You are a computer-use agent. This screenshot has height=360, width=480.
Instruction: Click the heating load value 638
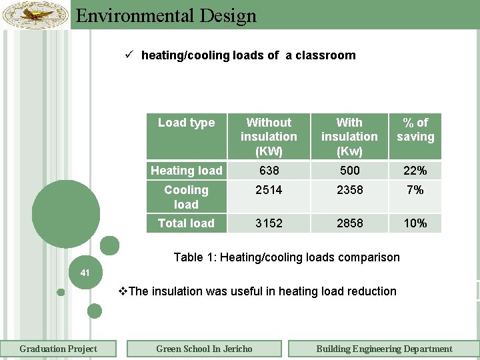click(x=269, y=171)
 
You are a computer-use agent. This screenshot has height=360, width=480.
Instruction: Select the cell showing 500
click(x=349, y=171)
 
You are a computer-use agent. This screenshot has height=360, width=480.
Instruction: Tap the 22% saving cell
click(x=415, y=171)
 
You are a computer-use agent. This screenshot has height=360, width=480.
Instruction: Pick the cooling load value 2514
click(x=269, y=190)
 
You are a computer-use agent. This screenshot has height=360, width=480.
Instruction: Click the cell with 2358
click(x=349, y=190)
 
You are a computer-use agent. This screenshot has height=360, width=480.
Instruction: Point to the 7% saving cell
click(x=415, y=190)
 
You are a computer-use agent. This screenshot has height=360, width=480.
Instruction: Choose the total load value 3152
click(x=269, y=223)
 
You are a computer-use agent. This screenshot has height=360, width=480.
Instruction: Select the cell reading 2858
click(x=349, y=223)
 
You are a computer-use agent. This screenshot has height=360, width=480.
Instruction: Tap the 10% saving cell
click(x=415, y=223)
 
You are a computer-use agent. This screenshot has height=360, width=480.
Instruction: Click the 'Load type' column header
click(x=186, y=123)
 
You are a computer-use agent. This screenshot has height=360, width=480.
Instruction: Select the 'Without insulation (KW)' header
click(x=269, y=136)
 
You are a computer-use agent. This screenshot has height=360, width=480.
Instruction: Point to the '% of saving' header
click(x=415, y=129)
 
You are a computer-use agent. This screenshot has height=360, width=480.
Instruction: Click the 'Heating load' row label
click(x=186, y=171)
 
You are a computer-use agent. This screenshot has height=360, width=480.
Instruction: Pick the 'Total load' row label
click(x=186, y=223)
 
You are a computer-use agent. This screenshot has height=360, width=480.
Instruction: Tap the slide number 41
click(x=85, y=272)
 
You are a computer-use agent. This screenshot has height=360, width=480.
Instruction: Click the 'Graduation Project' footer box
click(x=58, y=349)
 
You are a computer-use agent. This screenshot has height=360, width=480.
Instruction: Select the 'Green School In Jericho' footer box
click(x=204, y=349)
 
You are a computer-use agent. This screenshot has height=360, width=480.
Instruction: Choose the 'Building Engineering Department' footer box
click(x=384, y=349)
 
